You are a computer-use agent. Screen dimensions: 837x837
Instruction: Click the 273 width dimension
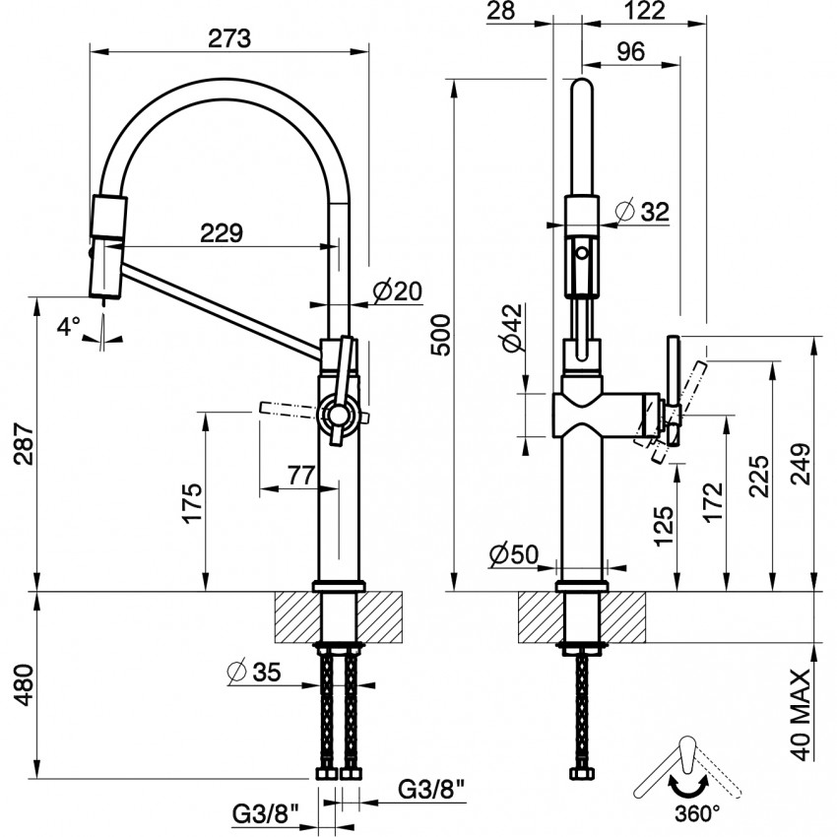click(x=229, y=38)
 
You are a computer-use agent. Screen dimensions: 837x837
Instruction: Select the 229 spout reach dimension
click(x=221, y=233)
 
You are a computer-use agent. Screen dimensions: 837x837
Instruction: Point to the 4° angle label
click(x=67, y=326)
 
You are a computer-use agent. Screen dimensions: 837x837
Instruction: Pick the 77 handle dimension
click(x=300, y=475)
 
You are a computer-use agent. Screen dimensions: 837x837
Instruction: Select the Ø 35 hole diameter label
click(x=253, y=673)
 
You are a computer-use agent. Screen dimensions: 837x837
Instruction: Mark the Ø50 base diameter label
click(x=515, y=555)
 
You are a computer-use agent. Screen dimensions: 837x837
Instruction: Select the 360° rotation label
click(x=697, y=813)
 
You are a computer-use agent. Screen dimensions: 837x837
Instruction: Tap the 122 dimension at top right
click(x=645, y=11)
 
